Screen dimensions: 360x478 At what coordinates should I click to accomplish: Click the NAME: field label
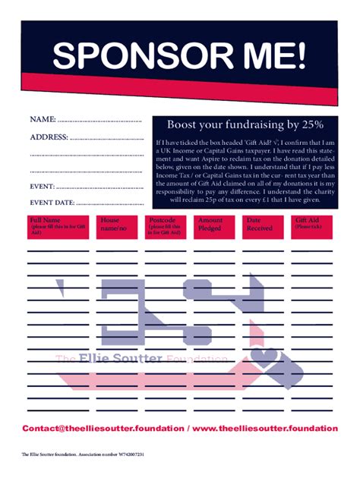coord(43,120)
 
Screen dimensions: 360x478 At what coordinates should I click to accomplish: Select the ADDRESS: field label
coord(49,137)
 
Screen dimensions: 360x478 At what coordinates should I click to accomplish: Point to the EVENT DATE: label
coord(52,203)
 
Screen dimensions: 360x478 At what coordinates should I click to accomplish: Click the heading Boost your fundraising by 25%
coord(245,124)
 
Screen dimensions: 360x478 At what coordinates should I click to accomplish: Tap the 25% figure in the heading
coord(312,124)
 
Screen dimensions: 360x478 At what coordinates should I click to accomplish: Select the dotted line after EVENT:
coord(99,187)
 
